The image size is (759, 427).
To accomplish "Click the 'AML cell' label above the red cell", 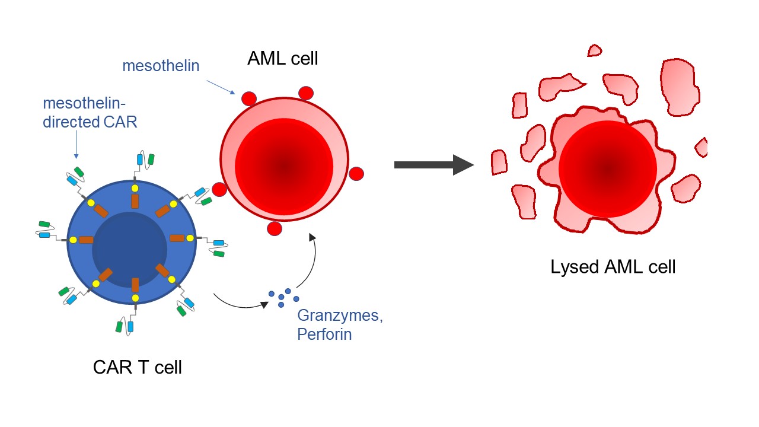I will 282,58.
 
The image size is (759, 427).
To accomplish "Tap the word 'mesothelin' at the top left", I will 161,66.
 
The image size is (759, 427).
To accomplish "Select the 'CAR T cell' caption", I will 137,368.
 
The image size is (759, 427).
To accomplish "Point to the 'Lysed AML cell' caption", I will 613,267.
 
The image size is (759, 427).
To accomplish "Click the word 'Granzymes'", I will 340,316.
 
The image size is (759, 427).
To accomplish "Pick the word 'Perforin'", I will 324,334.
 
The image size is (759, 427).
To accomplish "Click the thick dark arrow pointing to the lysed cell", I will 433,164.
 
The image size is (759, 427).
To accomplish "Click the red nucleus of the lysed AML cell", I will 607,169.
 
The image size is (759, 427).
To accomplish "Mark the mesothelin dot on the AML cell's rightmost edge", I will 356,174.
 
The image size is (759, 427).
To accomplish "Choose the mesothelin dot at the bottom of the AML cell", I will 274,228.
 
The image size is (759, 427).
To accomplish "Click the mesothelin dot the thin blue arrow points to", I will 248,98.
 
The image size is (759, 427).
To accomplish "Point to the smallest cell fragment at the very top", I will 594,51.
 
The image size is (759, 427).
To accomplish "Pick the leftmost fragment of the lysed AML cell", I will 499,161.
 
